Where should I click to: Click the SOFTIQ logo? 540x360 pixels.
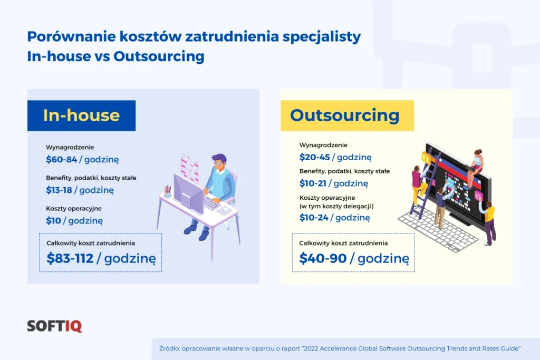point(54,326)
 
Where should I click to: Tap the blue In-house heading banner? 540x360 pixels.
point(81,115)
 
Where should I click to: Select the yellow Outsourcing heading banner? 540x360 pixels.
point(347,115)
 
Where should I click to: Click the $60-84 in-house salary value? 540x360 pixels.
point(61,159)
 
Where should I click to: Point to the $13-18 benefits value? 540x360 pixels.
point(59,190)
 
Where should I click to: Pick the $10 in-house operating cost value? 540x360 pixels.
point(53,221)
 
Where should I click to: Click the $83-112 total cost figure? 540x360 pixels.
point(70,258)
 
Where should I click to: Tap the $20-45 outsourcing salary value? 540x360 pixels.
point(314,157)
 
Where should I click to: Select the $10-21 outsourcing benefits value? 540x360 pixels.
point(313,183)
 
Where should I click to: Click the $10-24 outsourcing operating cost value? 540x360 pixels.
point(314,218)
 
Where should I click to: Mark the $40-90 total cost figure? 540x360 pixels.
point(323,258)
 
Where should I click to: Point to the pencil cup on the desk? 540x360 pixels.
point(167,191)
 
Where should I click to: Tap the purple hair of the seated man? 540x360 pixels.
point(219,159)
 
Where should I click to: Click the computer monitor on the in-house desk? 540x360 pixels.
point(188,193)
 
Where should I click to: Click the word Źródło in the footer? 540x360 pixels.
point(169,348)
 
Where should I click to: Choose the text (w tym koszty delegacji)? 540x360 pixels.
point(336,206)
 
